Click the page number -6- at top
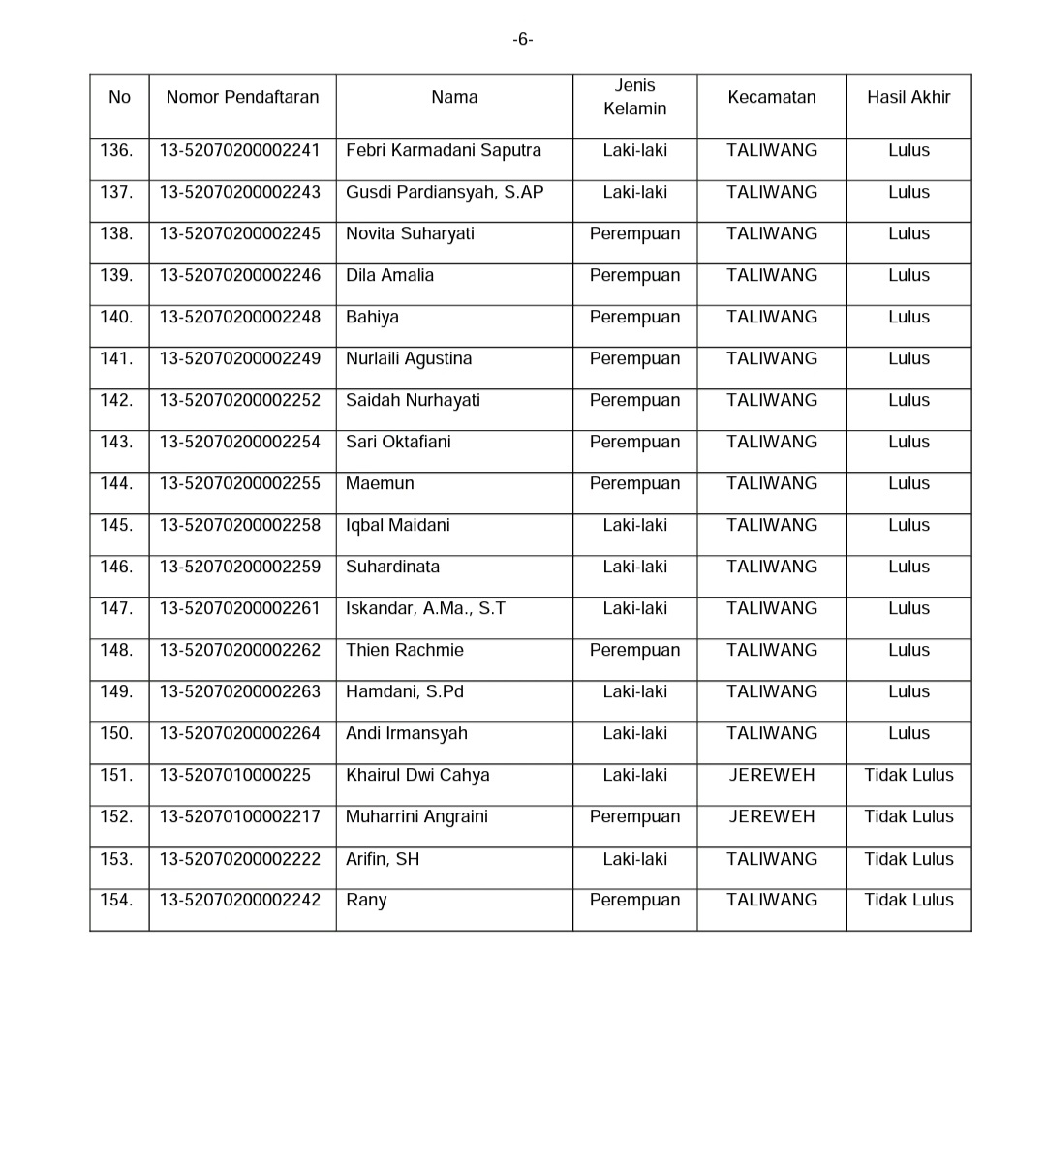[x=523, y=40]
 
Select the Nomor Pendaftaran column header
[x=242, y=97]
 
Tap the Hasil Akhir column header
[x=908, y=97]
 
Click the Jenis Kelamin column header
[x=634, y=97]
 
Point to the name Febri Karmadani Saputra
[x=444, y=151]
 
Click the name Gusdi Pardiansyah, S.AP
[x=445, y=193]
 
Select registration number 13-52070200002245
[x=240, y=234]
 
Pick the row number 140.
[x=116, y=318]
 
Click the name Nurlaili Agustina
[x=409, y=359]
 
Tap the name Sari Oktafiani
[x=398, y=443]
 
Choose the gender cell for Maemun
[x=634, y=484]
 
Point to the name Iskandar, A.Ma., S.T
[x=425, y=609]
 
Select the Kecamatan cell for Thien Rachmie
[x=772, y=651]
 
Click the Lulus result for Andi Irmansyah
[x=908, y=734]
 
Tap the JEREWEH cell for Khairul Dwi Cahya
[x=772, y=776]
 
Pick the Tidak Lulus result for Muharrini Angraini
[x=908, y=817]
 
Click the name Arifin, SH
[x=383, y=860]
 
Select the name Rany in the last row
[x=366, y=901]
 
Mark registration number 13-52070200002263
[x=240, y=692]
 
